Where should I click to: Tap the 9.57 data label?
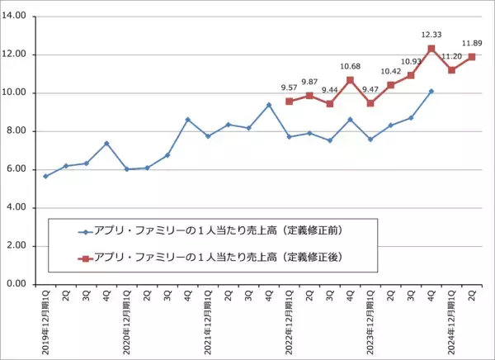(289, 87)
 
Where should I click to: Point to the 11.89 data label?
(473, 43)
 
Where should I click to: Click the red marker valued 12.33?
(431, 49)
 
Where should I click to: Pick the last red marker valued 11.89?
(472, 57)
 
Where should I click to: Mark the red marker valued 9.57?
(289, 102)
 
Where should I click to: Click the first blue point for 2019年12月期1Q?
(45, 176)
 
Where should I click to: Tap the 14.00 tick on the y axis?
(16, 17)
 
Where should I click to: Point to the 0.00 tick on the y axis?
(17, 284)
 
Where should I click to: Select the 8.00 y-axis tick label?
(17, 131)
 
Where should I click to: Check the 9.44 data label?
(329, 89)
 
